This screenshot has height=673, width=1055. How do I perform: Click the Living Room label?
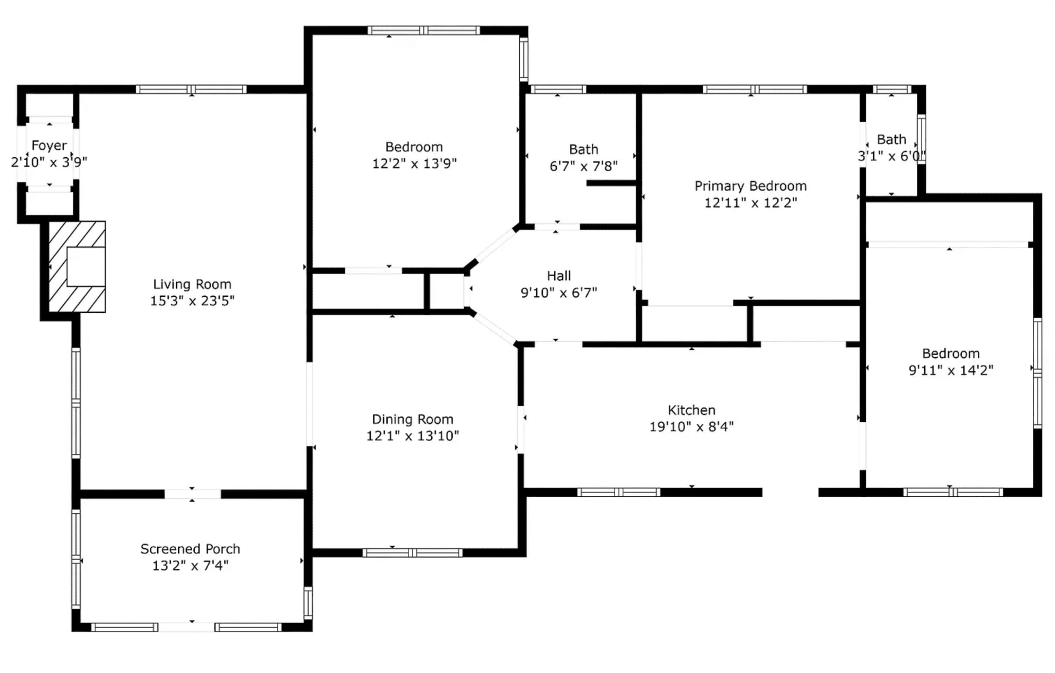coord(192,284)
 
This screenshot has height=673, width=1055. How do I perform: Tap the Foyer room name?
coord(49,146)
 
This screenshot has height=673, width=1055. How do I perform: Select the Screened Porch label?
coord(190,549)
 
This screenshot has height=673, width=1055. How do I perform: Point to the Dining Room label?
coord(413,419)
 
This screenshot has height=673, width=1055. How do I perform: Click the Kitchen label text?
coord(691,410)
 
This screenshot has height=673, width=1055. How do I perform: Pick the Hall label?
coord(559,276)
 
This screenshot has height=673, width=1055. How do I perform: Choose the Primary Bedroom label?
coord(751,186)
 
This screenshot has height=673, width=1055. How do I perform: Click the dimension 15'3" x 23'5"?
coord(192,300)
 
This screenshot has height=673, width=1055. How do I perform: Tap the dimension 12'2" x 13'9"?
coord(414,163)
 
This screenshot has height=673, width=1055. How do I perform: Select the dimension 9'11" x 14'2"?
coord(951,370)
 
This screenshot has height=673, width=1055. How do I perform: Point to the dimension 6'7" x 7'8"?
coord(584,166)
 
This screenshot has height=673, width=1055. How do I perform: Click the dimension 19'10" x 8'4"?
coord(691,427)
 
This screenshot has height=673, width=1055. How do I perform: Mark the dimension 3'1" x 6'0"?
coord(892,156)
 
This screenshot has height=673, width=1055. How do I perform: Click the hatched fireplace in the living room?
coord(77,267)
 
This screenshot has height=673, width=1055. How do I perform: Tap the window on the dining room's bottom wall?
coord(413,553)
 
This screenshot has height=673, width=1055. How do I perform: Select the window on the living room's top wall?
coord(191,89)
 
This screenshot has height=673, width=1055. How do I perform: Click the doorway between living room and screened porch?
coord(193,494)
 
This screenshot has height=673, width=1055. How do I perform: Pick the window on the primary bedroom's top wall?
coord(755,89)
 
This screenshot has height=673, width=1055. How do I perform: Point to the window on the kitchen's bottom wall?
coord(619,492)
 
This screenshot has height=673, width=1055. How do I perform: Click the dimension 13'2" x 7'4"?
coord(190,565)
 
